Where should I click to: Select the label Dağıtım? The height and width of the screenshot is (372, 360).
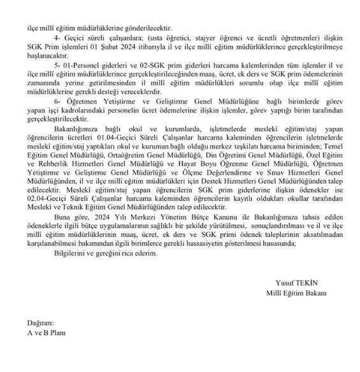click(x=40, y=323)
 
